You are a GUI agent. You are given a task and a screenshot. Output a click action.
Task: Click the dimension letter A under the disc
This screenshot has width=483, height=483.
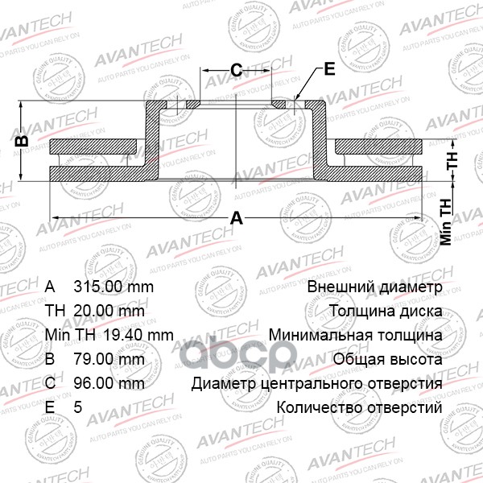point(236,217)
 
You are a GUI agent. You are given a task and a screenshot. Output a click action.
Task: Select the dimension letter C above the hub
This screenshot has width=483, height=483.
point(237,71)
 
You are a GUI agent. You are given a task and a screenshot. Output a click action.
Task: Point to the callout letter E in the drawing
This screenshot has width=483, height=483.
point(328,69)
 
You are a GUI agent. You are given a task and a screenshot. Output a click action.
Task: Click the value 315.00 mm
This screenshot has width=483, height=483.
point(114,287)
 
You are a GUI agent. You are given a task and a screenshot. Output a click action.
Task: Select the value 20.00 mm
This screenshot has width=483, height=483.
point(109,311)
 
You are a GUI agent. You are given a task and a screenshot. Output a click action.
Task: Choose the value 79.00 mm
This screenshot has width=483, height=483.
point(109,359)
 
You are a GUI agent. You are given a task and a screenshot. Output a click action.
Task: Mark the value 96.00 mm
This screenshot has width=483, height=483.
point(109,383)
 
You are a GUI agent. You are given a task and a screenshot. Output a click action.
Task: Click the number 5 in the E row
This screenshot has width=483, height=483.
point(77,407)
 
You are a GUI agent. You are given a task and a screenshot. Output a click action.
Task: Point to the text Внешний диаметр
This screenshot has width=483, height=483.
point(374,287)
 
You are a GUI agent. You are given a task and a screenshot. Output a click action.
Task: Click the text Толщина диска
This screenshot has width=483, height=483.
point(385,311)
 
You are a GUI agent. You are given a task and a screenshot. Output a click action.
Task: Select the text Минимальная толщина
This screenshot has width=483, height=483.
point(355,335)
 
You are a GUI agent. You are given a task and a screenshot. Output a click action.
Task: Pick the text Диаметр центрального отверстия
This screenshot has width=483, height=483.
point(316,383)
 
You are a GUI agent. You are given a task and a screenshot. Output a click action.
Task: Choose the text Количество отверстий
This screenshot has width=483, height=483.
point(359,407)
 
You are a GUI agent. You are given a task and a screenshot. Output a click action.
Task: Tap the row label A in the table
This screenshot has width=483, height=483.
point(50,287)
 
